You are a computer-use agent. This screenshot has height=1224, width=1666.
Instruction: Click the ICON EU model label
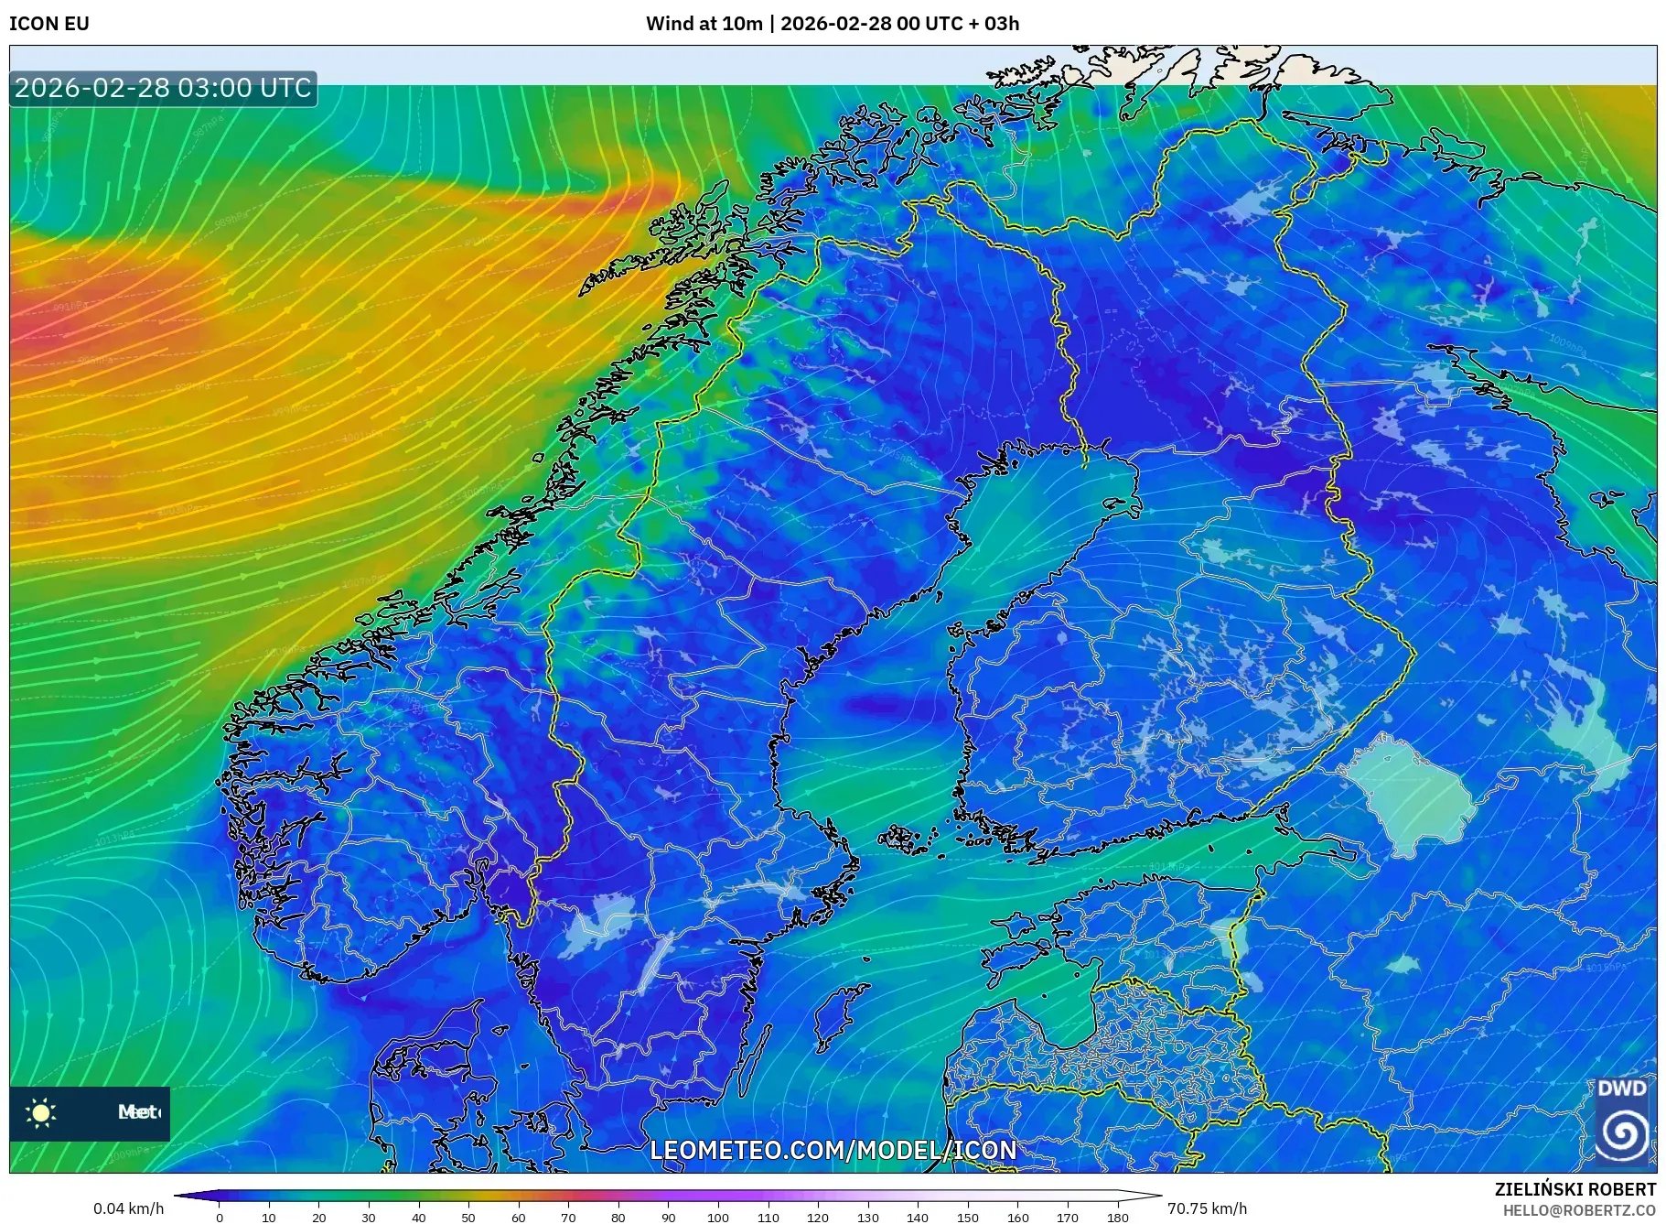point(49,24)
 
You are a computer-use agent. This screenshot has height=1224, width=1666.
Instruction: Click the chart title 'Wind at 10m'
point(704,24)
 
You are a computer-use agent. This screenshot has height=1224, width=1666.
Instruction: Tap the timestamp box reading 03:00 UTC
point(163,89)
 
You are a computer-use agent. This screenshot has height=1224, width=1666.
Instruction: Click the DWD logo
point(1622,1121)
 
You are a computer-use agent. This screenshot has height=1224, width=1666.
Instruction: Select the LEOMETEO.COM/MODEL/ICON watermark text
point(833,1151)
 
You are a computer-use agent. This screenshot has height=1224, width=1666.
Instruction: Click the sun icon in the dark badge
point(41,1113)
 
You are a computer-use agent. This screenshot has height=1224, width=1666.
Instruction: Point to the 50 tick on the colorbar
point(468,1217)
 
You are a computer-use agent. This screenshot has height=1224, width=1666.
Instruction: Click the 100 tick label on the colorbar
point(718,1217)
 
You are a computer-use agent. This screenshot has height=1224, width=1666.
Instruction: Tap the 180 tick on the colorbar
point(1117,1217)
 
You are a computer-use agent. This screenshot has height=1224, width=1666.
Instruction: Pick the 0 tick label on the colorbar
point(220,1217)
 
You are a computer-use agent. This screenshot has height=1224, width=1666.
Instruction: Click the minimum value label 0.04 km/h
point(128,1208)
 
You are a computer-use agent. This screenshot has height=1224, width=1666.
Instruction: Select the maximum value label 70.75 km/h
point(1207,1208)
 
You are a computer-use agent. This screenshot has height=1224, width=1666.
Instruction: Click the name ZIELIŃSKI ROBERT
point(1575,1189)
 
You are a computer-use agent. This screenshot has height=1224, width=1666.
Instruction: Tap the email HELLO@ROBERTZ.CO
point(1579,1210)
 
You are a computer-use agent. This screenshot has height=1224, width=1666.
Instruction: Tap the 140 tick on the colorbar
point(918,1217)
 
